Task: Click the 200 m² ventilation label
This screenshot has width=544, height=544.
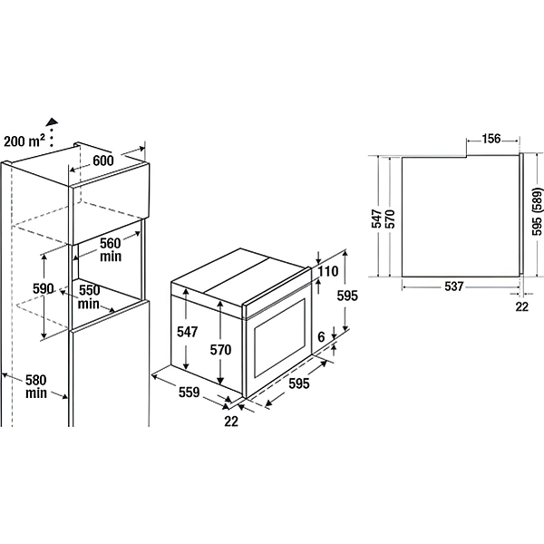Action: coord(24,141)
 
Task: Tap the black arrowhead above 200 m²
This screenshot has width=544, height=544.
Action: coord(53,121)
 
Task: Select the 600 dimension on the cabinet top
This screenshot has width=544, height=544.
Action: coord(103,160)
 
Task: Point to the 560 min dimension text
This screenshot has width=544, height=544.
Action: coord(111,249)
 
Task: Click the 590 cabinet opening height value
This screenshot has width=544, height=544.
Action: coord(43,288)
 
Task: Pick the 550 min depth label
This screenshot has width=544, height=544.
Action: coord(89,296)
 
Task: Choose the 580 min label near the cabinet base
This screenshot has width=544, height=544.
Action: coord(36,386)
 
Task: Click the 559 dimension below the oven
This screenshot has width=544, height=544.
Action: coord(189,392)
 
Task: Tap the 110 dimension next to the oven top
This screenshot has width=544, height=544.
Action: coord(328,271)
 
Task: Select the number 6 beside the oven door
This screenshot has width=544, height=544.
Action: coord(321,336)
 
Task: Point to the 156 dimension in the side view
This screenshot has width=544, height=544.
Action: coord(491,139)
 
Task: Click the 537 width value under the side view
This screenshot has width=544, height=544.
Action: coord(454,287)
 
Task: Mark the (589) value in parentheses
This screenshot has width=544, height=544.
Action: coord(537,201)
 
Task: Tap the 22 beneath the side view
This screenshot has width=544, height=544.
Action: coord(521,306)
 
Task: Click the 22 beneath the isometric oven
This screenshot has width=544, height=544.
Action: coord(231,422)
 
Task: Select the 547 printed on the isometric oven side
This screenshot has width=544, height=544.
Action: coord(188,332)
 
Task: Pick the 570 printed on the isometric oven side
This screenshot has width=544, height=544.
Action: coord(220,350)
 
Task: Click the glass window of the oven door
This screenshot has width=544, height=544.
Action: coord(279,338)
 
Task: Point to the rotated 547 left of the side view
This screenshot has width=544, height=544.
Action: coord(376,219)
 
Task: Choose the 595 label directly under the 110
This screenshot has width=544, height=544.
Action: coord(347,296)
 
